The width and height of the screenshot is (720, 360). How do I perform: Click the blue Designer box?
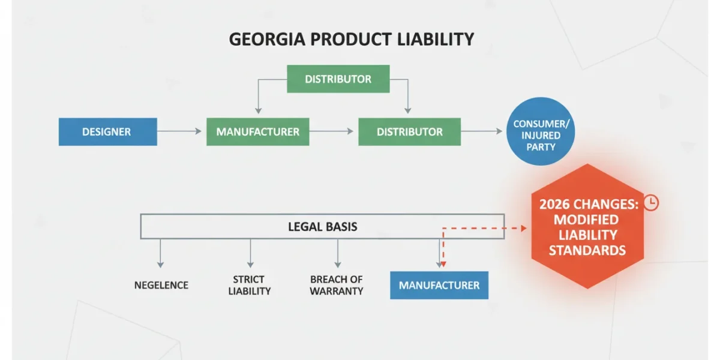tap(107, 132)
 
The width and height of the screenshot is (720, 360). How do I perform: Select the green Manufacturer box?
tap(258, 132)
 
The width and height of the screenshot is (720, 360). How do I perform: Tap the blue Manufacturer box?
tap(439, 286)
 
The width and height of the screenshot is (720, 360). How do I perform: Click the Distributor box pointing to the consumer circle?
tap(409, 132)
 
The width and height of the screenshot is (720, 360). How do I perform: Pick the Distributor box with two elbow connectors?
tap(338, 79)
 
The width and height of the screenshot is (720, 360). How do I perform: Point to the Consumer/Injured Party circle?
tap(541, 131)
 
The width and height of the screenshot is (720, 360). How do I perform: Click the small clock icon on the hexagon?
tap(651, 203)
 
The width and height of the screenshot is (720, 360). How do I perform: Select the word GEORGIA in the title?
tap(267, 39)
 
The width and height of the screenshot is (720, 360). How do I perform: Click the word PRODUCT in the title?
tap(351, 39)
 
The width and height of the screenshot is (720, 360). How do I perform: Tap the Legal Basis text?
tap(322, 227)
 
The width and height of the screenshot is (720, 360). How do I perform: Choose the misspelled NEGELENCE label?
tap(161, 285)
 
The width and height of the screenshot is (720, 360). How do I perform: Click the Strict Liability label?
tap(250, 285)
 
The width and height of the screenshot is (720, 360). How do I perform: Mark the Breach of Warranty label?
tap(337, 285)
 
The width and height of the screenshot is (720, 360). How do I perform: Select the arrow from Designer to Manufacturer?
tap(179, 131)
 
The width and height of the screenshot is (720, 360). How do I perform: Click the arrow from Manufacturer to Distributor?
tap(331, 131)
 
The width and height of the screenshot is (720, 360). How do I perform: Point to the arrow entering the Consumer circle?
tap(482, 131)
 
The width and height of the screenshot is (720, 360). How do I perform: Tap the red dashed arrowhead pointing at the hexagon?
tap(524, 228)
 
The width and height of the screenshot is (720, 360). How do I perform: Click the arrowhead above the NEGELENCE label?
tap(160, 265)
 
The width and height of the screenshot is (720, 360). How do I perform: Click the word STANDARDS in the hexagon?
tap(587, 250)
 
